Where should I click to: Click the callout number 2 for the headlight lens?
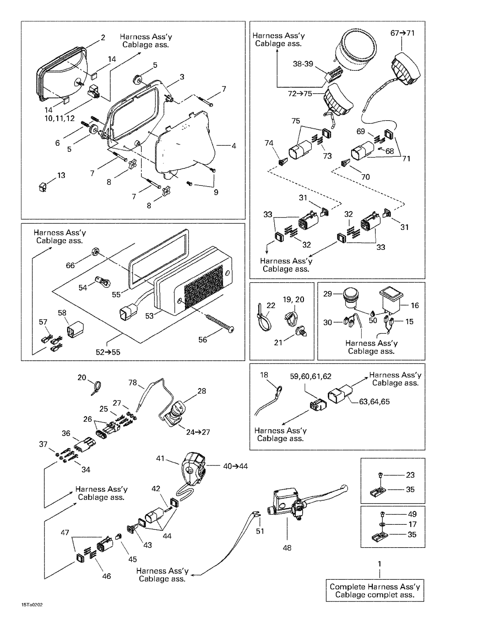point(103,38)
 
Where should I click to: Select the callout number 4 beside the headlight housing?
point(234,146)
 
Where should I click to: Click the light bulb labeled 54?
point(103,281)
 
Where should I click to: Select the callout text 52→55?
point(108,352)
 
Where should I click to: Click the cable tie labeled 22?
point(263,318)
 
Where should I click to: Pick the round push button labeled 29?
point(350,296)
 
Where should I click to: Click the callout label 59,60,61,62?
point(310,377)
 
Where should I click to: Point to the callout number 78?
point(132,383)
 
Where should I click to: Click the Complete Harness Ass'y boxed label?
point(375,591)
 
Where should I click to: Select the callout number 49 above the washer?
point(412,514)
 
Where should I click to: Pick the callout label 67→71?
point(402,33)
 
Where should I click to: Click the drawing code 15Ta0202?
point(32,605)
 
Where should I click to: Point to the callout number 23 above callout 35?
point(410,475)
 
